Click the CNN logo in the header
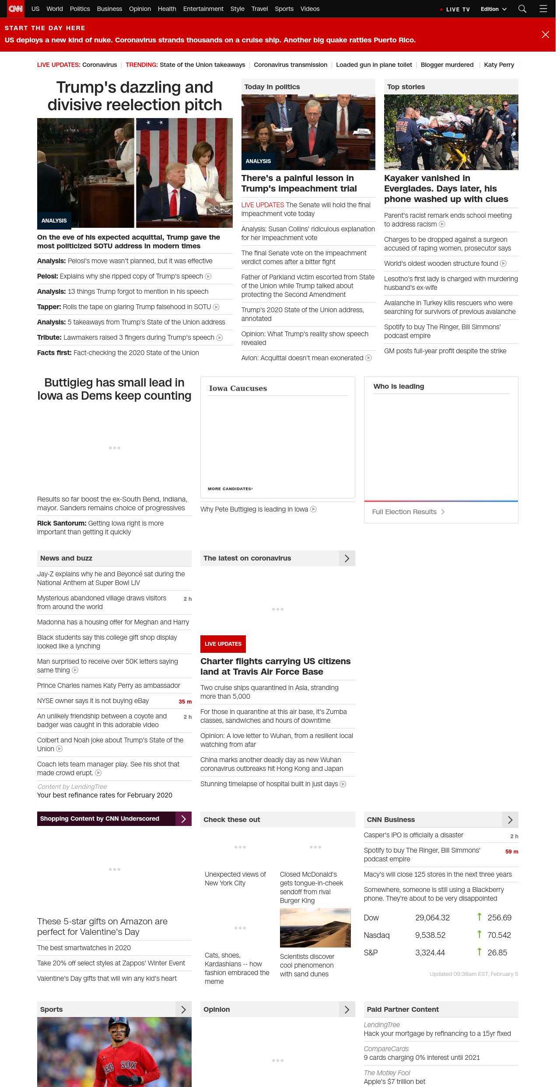coord(15,9)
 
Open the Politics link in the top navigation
coord(80,9)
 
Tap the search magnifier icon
coord(522,9)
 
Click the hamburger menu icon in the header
coord(543,9)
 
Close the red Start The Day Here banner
coord(545,35)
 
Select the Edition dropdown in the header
coord(493,9)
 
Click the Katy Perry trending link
coord(499,65)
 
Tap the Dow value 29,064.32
coord(432,918)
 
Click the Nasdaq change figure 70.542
coord(499,935)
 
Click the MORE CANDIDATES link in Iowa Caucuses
coord(230,489)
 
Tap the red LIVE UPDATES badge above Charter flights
coord(223,644)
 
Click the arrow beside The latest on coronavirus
coord(347,558)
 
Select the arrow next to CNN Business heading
coord(510,820)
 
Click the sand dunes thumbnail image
coord(315,928)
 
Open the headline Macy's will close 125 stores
coord(437,874)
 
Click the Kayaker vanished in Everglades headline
coord(446,189)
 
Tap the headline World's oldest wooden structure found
coord(441,264)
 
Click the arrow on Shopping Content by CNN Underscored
coord(183,819)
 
